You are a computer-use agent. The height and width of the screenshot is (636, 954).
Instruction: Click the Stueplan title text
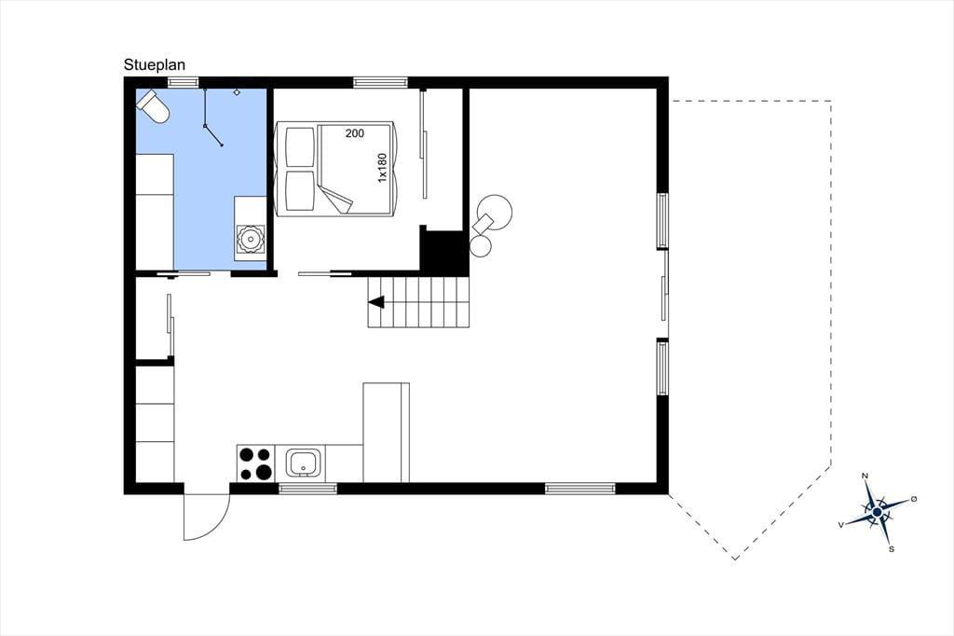(155, 65)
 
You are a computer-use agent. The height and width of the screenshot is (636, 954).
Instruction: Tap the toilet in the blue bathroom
(153, 106)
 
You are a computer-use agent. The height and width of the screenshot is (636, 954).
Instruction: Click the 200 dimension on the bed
(355, 133)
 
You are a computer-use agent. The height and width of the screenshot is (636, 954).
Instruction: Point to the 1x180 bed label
(382, 168)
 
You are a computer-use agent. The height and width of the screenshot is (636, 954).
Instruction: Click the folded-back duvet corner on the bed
(338, 200)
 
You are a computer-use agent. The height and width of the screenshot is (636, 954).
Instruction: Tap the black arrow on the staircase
(376, 301)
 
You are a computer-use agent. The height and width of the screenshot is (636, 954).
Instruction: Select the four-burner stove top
(255, 463)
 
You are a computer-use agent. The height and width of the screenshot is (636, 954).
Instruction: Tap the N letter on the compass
(865, 476)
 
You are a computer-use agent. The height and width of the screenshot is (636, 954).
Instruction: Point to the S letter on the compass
(892, 549)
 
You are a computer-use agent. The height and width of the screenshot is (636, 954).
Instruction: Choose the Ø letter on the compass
(914, 499)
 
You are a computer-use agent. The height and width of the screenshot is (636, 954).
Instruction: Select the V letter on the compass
(841, 524)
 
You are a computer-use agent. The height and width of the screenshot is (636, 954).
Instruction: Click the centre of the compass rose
(877, 513)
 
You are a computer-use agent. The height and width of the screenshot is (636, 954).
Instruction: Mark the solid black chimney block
(444, 252)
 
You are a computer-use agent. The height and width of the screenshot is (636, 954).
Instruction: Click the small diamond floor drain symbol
(237, 92)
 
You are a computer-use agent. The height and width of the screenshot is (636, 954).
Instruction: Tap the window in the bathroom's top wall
(184, 82)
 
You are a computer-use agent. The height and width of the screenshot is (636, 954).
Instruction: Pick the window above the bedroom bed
(381, 82)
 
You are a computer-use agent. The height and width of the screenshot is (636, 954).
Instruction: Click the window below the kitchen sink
(307, 488)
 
